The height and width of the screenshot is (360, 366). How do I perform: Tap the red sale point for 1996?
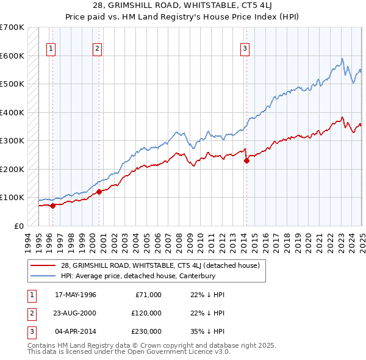point(52,206)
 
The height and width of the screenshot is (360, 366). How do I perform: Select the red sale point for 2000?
point(99,192)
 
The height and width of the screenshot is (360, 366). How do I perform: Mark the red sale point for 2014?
point(246,161)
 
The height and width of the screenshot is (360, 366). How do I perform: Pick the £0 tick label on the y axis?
point(18,226)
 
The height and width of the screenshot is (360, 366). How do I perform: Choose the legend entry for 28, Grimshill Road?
point(160,265)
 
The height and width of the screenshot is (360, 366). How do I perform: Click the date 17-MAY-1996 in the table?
point(76,295)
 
